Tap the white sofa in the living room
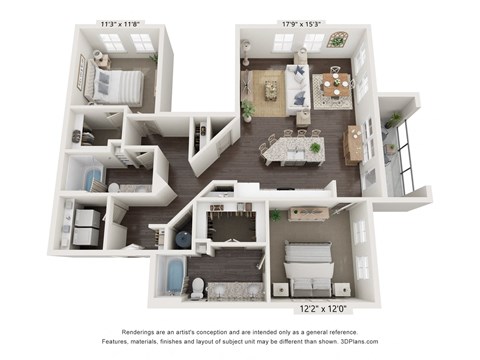[x=298, y=87]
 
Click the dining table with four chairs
[x=333, y=89]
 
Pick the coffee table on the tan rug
[x=270, y=91]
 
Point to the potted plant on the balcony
[x=396, y=120]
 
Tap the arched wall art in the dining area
[x=337, y=41]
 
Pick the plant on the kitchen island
[x=315, y=147]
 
